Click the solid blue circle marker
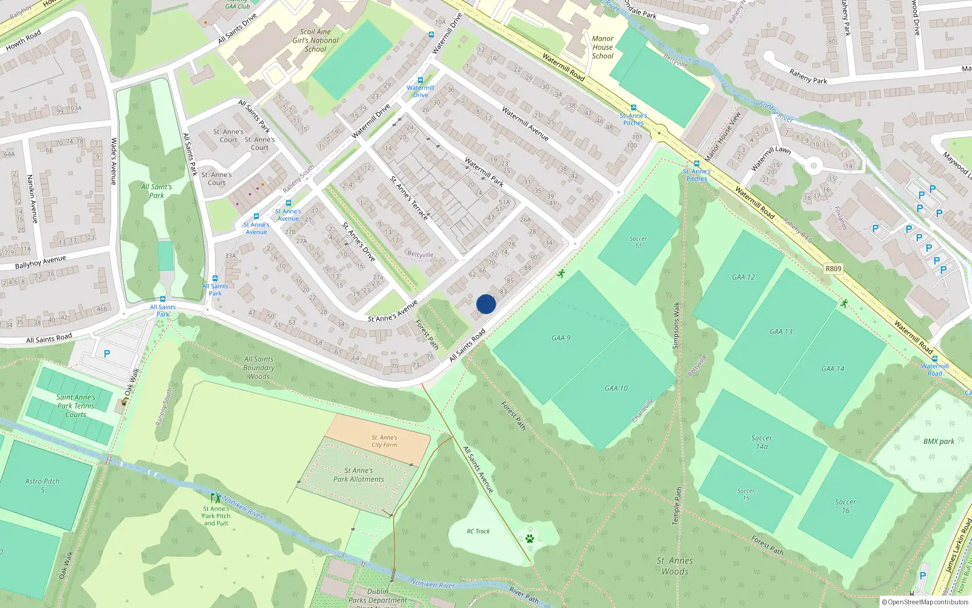coord(486,304)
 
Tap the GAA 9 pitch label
coord(561,338)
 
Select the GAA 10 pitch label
coord(616,388)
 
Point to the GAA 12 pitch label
coord(743,277)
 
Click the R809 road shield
coord(833,269)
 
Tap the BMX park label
coord(939,441)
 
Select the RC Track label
coord(478,531)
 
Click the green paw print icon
coord(530,539)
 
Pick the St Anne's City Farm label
coord(385,441)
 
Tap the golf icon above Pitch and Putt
coord(216,498)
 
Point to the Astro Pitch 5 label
coord(43,485)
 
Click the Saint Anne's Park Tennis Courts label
coord(76,406)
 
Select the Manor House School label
coord(603,47)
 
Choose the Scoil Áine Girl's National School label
coord(315,40)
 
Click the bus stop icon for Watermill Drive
coord(420,80)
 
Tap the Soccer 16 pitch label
coord(845,506)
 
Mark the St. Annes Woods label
coord(674,565)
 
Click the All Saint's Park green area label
coord(157,191)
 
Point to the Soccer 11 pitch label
coord(638,242)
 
